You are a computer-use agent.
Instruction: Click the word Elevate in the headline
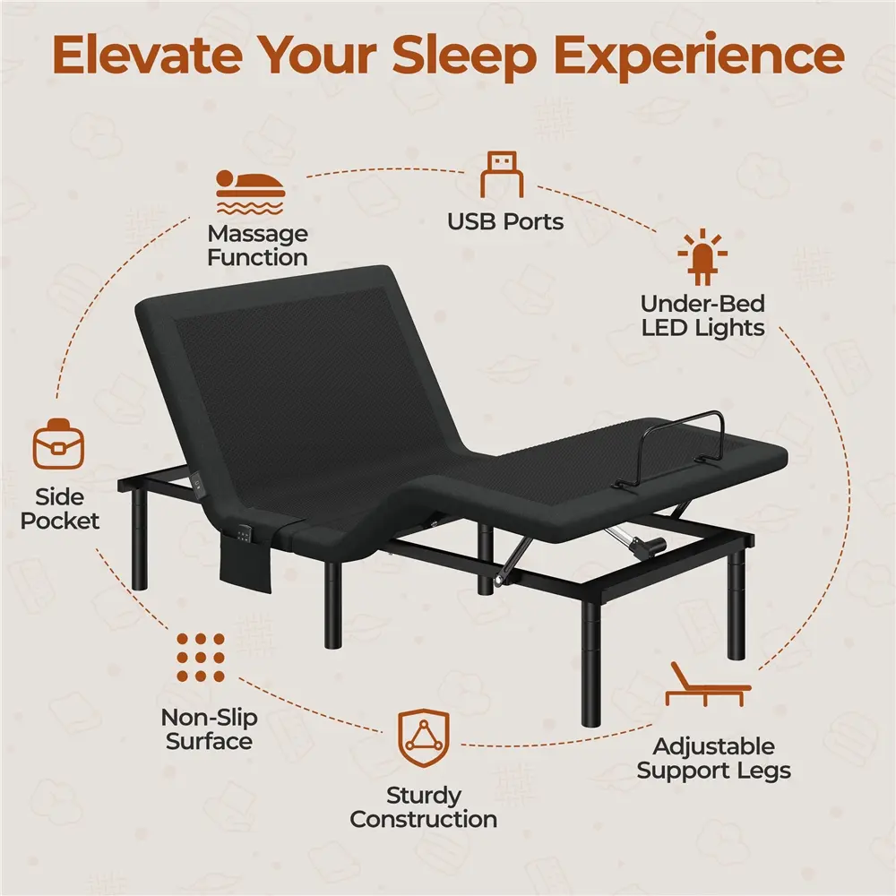pyautogui.click(x=146, y=55)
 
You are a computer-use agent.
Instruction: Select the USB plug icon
pyautogui.click(x=502, y=175)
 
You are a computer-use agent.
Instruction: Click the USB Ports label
pyautogui.click(x=505, y=221)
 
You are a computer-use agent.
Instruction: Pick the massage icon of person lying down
pyautogui.click(x=250, y=192)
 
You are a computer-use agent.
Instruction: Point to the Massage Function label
pyautogui.click(x=258, y=246)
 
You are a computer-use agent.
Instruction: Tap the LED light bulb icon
pyautogui.click(x=702, y=256)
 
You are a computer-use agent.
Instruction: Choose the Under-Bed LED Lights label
pyautogui.click(x=702, y=316)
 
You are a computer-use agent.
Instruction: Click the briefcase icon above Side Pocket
pyautogui.click(x=59, y=444)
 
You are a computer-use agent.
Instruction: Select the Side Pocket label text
pyautogui.click(x=59, y=509)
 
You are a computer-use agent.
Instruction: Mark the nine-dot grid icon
pyautogui.click(x=201, y=657)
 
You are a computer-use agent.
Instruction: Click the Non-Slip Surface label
pyautogui.click(x=209, y=729)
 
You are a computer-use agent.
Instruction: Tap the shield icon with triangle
pyautogui.click(x=424, y=737)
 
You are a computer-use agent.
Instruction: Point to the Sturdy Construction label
pyautogui.click(x=424, y=807)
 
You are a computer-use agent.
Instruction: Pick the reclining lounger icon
pyautogui.click(x=707, y=685)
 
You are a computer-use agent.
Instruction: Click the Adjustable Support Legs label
pyautogui.click(x=714, y=758)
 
